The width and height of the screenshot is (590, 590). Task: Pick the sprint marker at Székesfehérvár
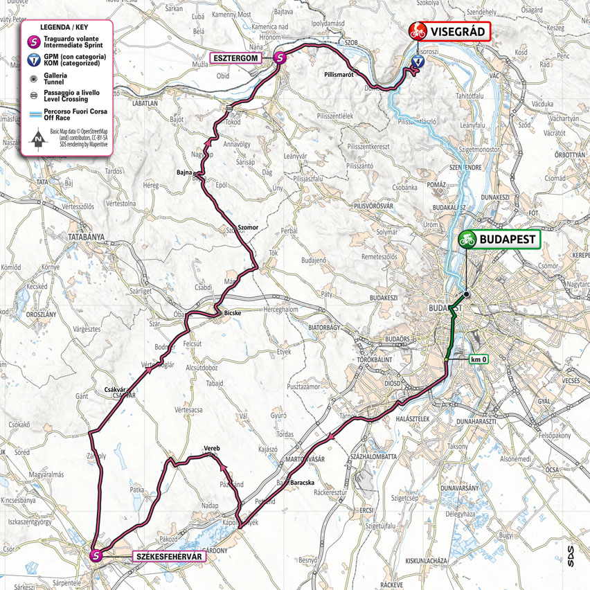[97, 554]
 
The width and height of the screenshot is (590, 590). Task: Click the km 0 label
[479, 359]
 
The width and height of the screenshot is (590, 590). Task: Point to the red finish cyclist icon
[418, 30]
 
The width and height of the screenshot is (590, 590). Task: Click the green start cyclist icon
[466, 240]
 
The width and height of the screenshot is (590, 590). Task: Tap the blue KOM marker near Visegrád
[417, 61]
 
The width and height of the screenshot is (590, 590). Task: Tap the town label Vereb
[211, 449]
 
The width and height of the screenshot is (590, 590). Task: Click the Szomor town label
[247, 226]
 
